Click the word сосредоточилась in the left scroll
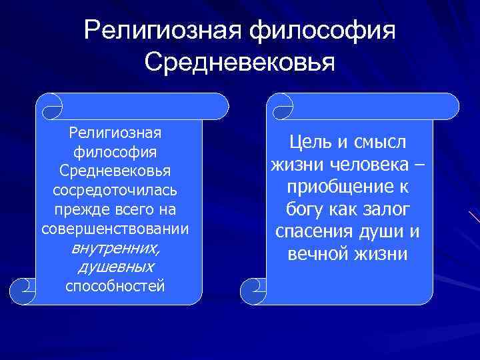[115, 191]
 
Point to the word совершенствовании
[115, 229]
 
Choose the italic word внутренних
[115, 249]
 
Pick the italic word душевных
[115, 267]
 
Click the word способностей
[115, 286]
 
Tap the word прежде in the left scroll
[77, 210]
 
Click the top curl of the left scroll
[49, 105]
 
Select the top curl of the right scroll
[279, 105]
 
